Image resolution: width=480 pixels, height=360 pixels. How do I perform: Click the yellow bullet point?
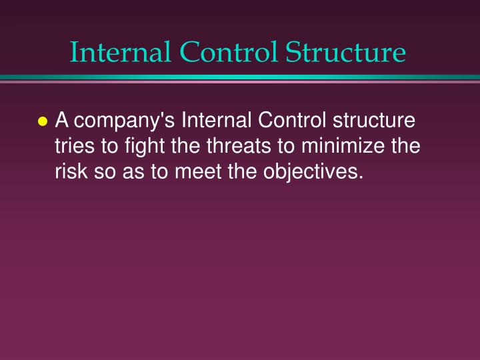(x=43, y=123)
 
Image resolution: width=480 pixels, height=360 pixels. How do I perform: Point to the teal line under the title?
(x=240, y=78)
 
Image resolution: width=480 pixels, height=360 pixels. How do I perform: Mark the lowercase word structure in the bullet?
(x=373, y=121)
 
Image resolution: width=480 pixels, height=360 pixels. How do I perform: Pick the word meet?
(x=196, y=172)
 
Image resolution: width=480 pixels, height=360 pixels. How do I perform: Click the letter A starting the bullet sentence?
(x=62, y=121)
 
